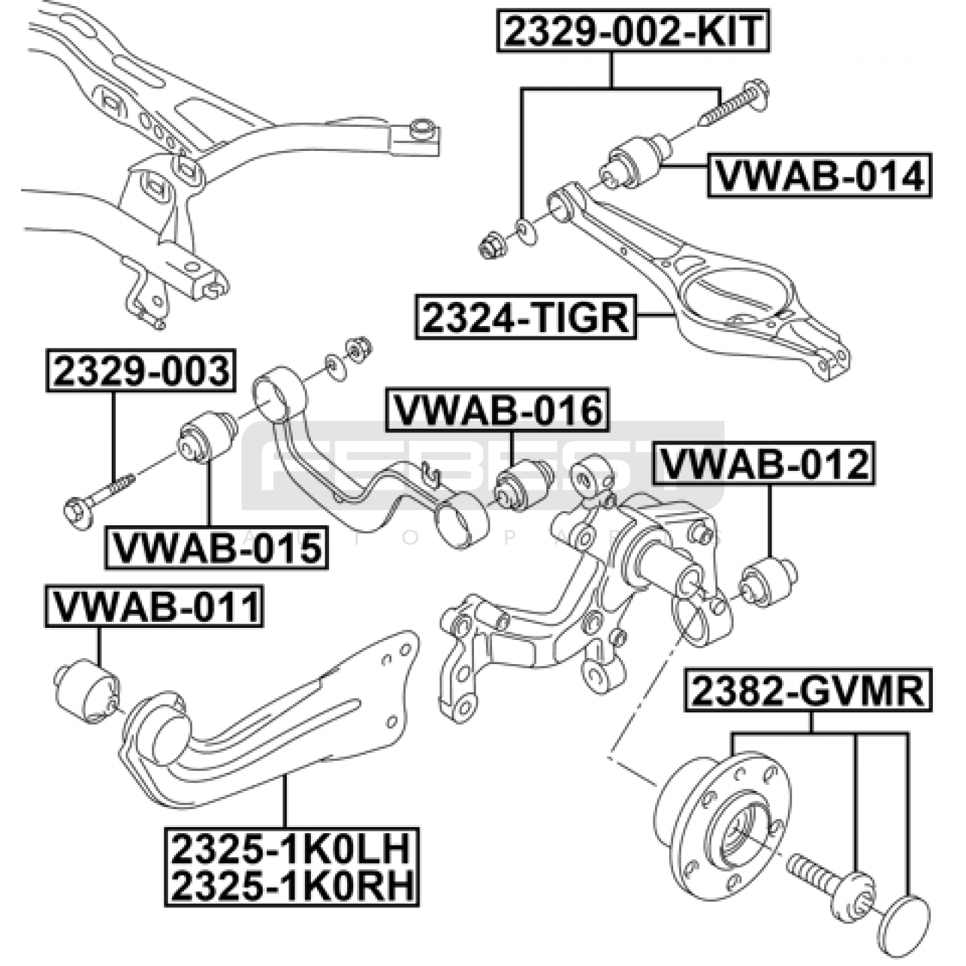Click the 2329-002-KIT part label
tap(633, 31)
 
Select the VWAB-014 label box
tap(819, 176)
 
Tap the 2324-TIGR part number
tap(525, 317)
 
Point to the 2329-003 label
tap(141, 371)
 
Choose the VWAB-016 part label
tap(497, 410)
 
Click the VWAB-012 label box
tap(764, 464)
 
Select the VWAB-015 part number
tap(216, 548)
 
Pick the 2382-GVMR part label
tap(808, 691)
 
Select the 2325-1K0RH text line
tap(292, 885)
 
